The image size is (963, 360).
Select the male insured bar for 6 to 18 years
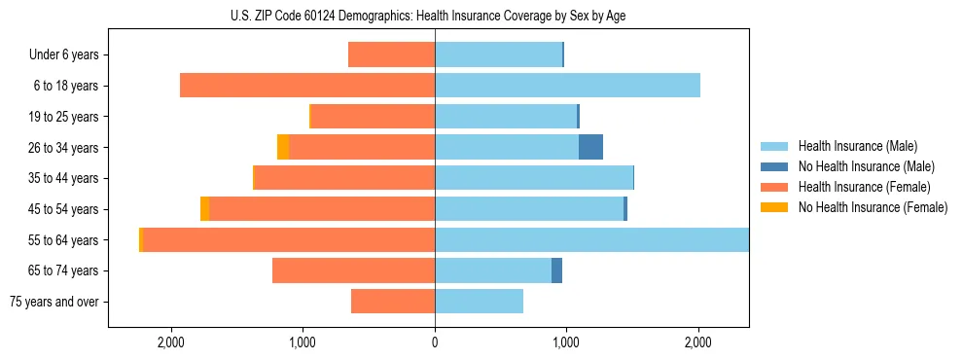567,86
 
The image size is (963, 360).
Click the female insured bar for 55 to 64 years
289,240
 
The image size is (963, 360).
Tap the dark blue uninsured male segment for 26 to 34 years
590,147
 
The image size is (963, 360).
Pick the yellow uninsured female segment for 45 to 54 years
204,209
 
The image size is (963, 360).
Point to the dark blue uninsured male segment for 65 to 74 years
556,270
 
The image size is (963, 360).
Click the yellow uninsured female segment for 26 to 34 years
283,147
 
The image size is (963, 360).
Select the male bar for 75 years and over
479,302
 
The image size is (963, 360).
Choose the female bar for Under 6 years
391,55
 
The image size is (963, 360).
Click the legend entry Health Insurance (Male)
857,146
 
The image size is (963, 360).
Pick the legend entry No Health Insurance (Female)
873,207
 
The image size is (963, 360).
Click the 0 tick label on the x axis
435,342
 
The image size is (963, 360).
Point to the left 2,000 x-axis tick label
171,342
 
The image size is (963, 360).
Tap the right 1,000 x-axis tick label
566,342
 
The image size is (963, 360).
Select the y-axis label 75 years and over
53,302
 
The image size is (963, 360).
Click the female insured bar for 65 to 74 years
353,270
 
